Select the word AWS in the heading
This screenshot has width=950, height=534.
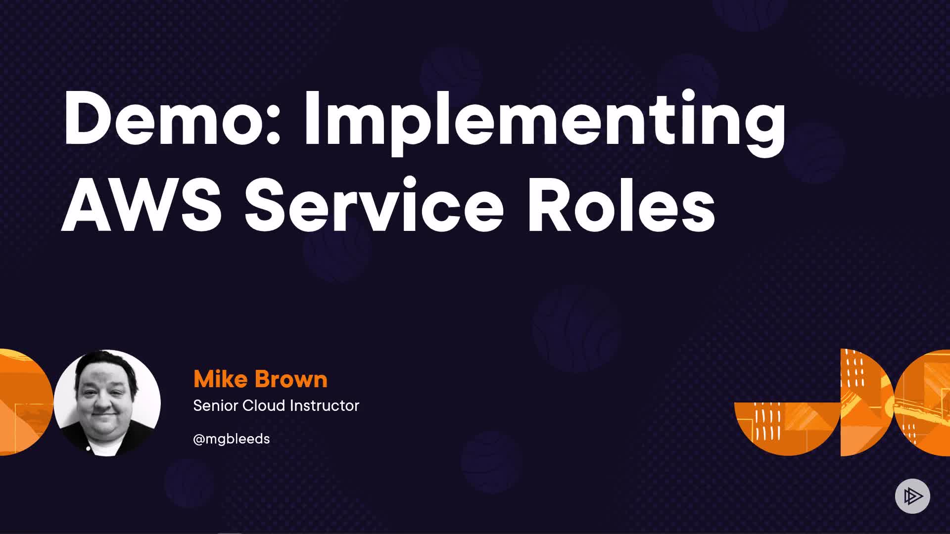141,204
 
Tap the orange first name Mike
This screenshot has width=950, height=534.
220,379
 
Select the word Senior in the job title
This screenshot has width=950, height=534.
215,405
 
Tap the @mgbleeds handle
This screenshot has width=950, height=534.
232,439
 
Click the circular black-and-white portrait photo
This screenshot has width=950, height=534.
107,402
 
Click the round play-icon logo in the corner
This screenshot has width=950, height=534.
912,496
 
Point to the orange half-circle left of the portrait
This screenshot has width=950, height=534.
25,402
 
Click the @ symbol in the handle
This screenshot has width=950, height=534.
199,440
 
